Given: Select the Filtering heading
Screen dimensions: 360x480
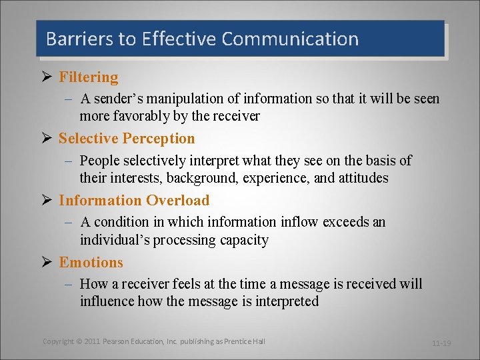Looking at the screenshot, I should [x=88, y=77].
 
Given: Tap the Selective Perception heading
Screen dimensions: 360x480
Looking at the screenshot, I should [x=127, y=139].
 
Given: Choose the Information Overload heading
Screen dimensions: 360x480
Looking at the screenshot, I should [x=134, y=201].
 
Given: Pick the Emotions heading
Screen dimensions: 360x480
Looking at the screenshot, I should [x=91, y=263].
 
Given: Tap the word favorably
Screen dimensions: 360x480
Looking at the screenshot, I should [x=141, y=116].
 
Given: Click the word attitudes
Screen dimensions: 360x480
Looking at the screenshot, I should [x=356, y=179].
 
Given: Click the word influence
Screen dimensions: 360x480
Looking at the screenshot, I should [x=107, y=301].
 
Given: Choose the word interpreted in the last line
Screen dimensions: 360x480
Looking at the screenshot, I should [x=283, y=301].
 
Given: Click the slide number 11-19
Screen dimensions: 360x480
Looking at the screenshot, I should [x=441, y=343].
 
